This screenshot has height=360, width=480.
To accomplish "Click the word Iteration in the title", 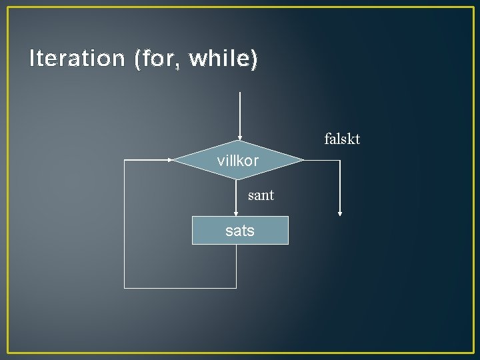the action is [77, 59].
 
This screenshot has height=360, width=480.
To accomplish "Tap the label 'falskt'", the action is [342, 139].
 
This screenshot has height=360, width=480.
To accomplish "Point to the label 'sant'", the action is [261, 196].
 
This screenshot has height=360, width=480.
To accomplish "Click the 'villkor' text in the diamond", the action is [238, 161].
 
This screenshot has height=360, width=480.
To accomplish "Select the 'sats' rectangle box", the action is [240, 231].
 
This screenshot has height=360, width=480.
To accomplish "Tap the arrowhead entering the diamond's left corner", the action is [171, 160].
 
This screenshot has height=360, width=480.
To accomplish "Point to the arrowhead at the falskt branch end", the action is [340, 214].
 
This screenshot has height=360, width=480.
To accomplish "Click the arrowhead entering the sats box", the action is [237, 214].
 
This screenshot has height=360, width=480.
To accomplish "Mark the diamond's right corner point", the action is [303, 160].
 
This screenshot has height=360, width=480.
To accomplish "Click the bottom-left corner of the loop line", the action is [125, 288].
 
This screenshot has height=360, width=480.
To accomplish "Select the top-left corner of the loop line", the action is [125, 160].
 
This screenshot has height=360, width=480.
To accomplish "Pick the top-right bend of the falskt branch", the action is [340, 160].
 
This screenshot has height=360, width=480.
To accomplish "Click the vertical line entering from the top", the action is [239, 113].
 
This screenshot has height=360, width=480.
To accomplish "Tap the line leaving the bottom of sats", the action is [237, 267].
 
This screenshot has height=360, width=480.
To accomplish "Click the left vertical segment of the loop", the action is [125, 227].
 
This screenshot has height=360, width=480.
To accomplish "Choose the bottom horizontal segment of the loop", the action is [180, 288].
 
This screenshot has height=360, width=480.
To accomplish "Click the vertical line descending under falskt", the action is [340, 187].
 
